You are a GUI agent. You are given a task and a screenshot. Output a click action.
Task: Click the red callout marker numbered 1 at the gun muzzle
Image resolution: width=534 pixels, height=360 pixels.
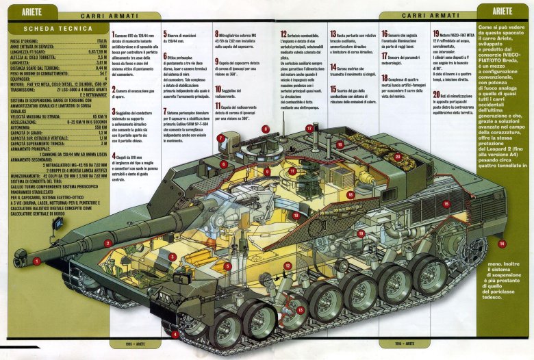tap(36, 261)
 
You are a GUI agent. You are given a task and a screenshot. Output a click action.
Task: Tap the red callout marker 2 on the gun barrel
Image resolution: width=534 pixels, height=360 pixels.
tap(107, 242)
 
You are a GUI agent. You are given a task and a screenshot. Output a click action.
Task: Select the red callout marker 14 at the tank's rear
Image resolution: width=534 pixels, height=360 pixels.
tap(502, 244)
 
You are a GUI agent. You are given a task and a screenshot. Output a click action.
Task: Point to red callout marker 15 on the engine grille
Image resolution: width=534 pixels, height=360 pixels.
tap(446, 204)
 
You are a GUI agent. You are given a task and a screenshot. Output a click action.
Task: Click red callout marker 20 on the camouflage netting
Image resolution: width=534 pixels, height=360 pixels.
tap(398, 157)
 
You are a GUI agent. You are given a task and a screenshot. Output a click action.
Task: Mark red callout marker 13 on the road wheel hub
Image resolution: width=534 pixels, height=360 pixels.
tap(301, 310)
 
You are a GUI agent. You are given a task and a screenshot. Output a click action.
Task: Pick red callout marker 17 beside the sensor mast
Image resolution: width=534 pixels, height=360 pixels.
tap(309, 128)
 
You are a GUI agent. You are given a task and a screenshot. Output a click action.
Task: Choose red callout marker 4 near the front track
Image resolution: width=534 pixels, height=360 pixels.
tap(175, 335)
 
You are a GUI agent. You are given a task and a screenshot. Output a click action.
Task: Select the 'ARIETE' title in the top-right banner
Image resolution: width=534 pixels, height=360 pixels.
tap(502, 12)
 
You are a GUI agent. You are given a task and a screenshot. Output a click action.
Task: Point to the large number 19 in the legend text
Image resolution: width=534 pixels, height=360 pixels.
tap(436, 34)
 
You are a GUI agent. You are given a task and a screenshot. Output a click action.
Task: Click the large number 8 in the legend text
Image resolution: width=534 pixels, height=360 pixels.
tap(217, 34)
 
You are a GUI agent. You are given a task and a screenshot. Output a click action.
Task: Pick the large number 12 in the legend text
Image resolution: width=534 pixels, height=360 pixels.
tap(283, 34)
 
